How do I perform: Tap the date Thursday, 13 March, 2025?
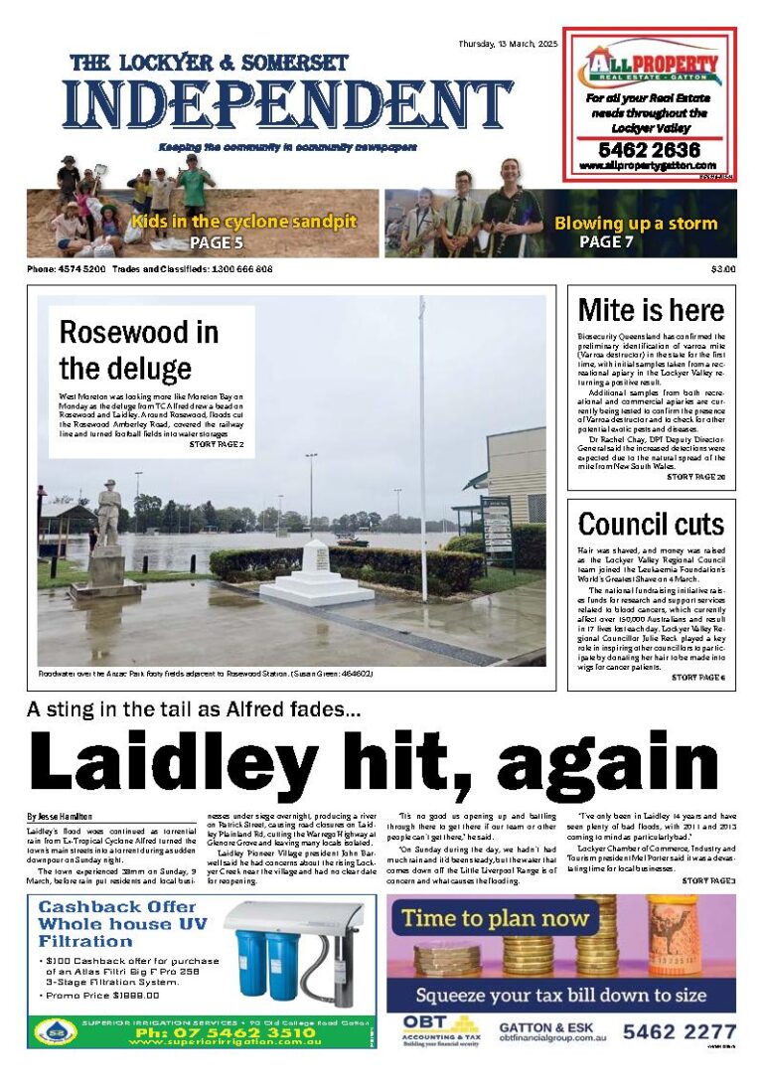pyautogui.click(x=509, y=45)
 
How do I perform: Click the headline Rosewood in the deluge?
pyautogui.click(x=139, y=350)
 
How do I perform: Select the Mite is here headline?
pyautogui.click(x=651, y=310)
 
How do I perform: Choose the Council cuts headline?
pyautogui.click(x=651, y=524)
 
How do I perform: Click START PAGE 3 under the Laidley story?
pyautogui.click(x=708, y=881)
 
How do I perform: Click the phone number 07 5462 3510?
pyautogui.click(x=220, y=1032)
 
